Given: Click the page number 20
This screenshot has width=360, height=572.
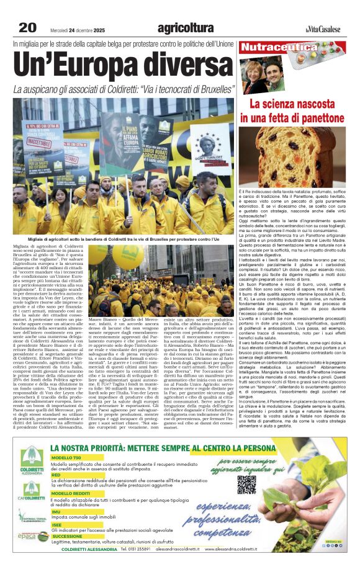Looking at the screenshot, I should tap(27, 27).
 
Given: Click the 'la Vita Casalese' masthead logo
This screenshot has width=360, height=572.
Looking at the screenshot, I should tap(323, 29).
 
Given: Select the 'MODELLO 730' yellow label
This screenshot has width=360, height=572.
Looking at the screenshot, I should tap(66, 457).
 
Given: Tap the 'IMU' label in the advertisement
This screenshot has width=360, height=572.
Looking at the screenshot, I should tap(56, 512).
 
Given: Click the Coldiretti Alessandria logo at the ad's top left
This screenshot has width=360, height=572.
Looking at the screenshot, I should tap(32, 461).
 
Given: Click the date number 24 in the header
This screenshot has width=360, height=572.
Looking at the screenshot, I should tap(73, 29).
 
